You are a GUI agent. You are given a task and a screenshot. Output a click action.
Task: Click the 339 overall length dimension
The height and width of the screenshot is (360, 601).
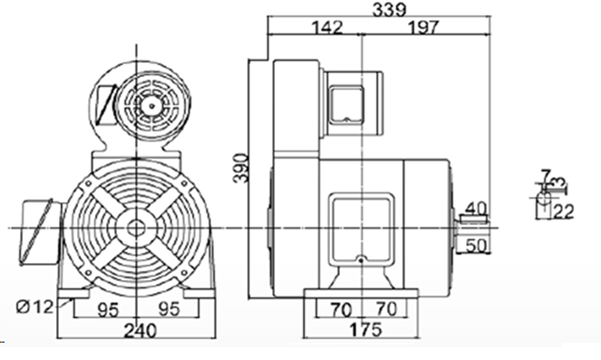[x=389, y=9]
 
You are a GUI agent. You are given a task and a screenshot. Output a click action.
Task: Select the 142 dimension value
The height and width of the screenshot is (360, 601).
[x=327, y=27]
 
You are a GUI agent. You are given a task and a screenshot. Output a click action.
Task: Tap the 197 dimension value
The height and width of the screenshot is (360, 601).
[x=422, y=27]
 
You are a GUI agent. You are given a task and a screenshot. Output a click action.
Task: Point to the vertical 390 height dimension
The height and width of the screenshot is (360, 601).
[x=241, y=169]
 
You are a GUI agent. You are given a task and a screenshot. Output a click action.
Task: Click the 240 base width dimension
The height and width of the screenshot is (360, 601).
[x=141, y=330]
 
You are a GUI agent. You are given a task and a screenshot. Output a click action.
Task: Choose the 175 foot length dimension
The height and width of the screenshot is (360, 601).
[x=365, y=329]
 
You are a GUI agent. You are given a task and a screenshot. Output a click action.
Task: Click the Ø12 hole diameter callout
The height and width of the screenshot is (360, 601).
[x=34, y=306]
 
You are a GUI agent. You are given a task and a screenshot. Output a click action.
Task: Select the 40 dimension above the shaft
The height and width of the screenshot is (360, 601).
[x=476, y=209]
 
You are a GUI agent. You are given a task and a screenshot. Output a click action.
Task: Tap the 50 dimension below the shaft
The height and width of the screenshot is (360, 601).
[x=477, y=246]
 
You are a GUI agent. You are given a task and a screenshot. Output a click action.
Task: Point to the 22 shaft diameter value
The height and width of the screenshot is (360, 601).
[x=563, y=211]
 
